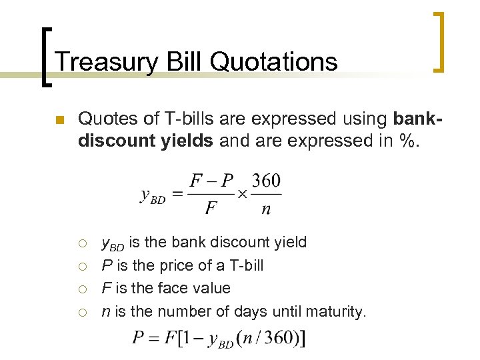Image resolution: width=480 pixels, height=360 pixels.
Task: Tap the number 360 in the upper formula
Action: tap(266, 181)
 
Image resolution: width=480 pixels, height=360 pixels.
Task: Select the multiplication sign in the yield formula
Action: tap(243, 194)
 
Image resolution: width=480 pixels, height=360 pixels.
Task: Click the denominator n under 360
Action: tap(266, 209)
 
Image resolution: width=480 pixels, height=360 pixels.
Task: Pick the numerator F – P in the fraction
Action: tap(211, 181)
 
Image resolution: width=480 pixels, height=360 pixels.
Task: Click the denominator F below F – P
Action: tap(211, 209)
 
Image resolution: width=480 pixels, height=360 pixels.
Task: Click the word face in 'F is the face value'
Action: tap(174, 288)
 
